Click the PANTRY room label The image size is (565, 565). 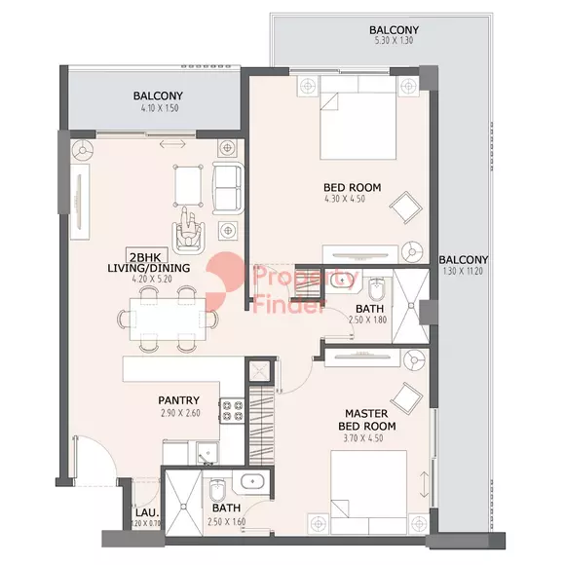pos(178,400)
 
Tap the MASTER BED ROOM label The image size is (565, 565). pos(367,420)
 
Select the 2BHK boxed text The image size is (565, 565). pos(145,257)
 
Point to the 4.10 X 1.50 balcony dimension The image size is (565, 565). pos(160,108)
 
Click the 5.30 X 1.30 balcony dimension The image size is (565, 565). pos(394,40)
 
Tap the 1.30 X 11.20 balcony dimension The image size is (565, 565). pos(463,271)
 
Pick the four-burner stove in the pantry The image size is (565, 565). pos(233,411)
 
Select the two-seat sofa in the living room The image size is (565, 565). pos(228,188)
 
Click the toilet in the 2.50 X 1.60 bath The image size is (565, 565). pos(217,490)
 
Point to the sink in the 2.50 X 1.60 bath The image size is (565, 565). pos(252,481)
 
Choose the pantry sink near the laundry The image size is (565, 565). pos(207,453)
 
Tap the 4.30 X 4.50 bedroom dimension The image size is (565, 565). pos(345,199)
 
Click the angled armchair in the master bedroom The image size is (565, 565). pos(406,397)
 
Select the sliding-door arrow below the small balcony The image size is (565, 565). pos(172,144)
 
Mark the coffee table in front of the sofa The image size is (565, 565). pos(188,185)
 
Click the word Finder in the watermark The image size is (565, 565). pos(289,306)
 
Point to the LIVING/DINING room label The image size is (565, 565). pos(149,268)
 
